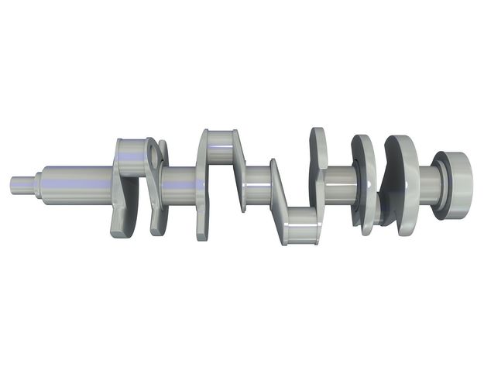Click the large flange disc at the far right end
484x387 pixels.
pyautogui.click(x=457, y=184)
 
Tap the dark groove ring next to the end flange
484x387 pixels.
pyautogui.click(x=439, y=186)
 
